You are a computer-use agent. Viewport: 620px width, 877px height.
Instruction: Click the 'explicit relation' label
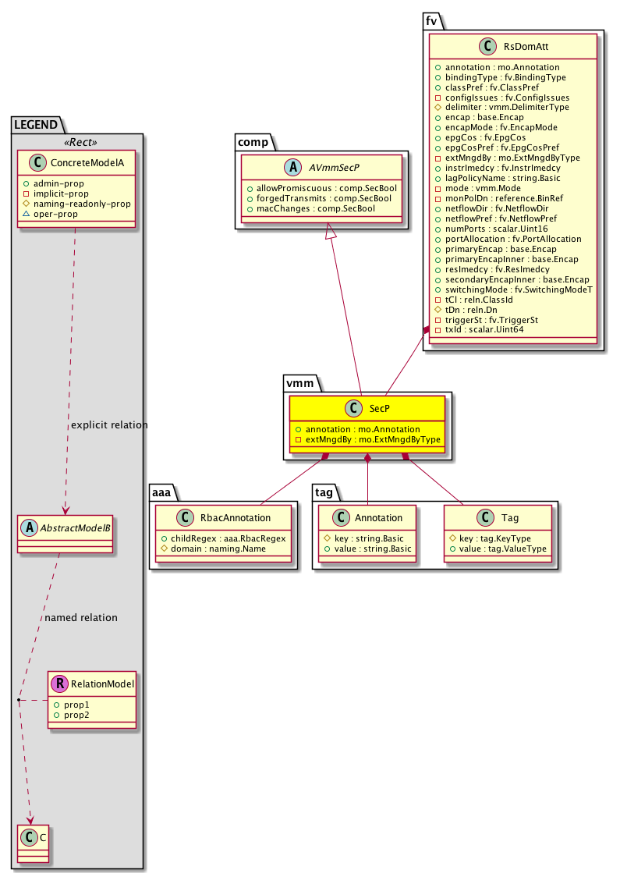click(108, 425)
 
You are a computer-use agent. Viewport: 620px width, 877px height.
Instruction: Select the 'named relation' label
click(81, 617)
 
